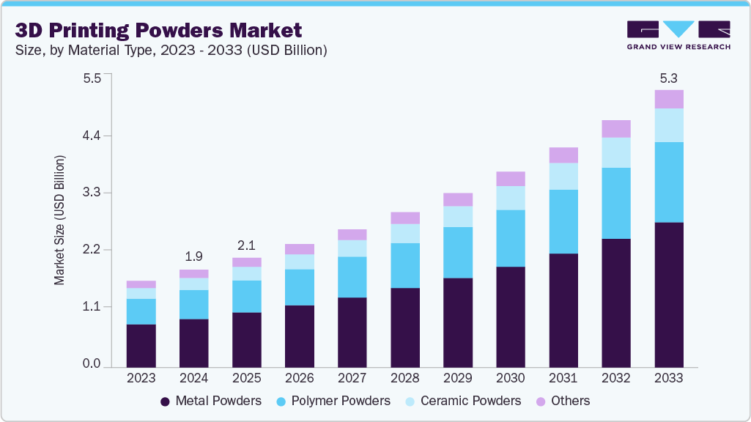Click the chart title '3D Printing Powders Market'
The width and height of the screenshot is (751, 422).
pyautogui.click(x=158, y=30)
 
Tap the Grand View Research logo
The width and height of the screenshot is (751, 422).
pyautogui.click(x=678, y=34)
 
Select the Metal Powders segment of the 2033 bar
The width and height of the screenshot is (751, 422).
pyautogui.click(x=669, y=294)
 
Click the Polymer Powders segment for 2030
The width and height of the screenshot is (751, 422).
pyautogui.click(x=511, y=238)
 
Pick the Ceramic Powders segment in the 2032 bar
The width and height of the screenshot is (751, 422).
pyautogui.click(x=616, y=152)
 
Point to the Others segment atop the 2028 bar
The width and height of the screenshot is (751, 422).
pyautogui.click(x=405, y=218)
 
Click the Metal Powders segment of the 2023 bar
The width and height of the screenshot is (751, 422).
pyautogui.click(x=141, y=345)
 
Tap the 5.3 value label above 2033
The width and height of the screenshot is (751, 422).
pyautogui.click(x=669, y=77)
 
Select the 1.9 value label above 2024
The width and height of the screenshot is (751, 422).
pyautogui.click(x=194, y=256)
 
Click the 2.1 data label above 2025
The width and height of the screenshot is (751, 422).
pyautogui.click(x=247, y=245)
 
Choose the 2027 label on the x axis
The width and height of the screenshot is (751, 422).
pyautogui.click(x=352, y=378)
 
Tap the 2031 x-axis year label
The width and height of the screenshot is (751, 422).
pyautogui.click(x=563, y=378)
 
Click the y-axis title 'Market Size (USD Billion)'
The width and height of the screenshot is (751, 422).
pyautogui.click(x=59, y=220)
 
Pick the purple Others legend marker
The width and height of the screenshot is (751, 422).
pyautogui.click(x=541, y=401)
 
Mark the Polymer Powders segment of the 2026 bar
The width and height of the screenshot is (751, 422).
pyautogui.click(x=300, y=287)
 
